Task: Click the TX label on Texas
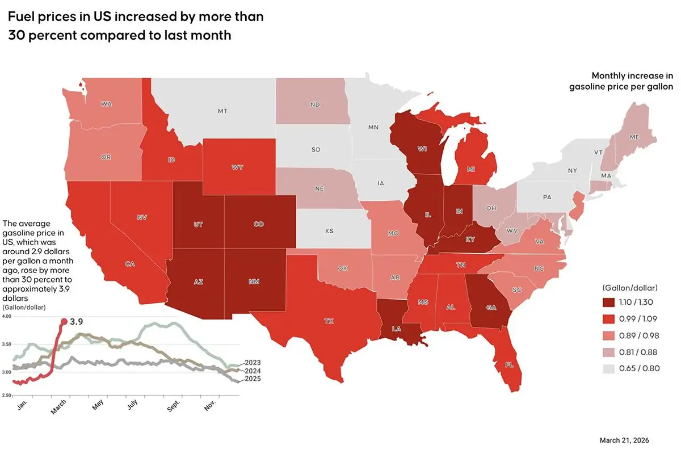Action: click(x=329, y=321)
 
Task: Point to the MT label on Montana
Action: click(x=222, y=111)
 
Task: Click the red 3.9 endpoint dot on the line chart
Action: click(x=64, y=321)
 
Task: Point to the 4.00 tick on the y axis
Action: click(x=7, y=316)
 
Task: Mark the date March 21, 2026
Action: click(x=624, y=440)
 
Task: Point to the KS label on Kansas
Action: click(x=330, y=232)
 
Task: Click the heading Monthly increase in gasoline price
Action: click(x=621, y=81)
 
